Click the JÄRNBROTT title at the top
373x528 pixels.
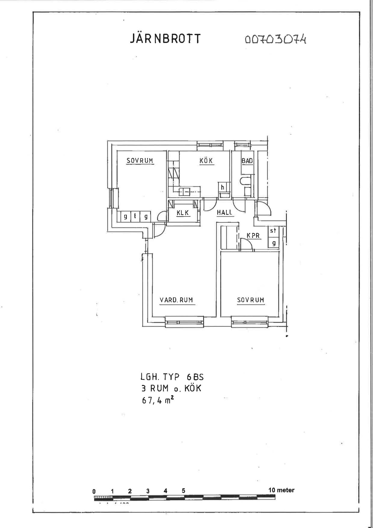[165, 39]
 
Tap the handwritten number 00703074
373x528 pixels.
[276, 39]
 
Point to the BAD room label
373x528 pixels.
[247, 161]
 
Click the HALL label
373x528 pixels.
[224, 212]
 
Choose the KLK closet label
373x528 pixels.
[183, 213]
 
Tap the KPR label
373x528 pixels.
[253, 235]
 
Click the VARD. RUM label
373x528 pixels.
[176, 300]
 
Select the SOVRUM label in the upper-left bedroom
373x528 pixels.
[140, 161]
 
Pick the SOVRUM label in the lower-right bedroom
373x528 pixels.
[251, 300]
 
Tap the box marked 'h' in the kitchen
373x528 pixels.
[222, 187]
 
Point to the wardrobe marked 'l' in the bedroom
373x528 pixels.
[135, 217]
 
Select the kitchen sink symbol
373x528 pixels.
[185, 191]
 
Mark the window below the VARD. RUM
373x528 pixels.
[184, 322]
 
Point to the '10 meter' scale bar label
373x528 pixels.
[281, 490]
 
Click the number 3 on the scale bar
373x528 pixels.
[148, 491]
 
